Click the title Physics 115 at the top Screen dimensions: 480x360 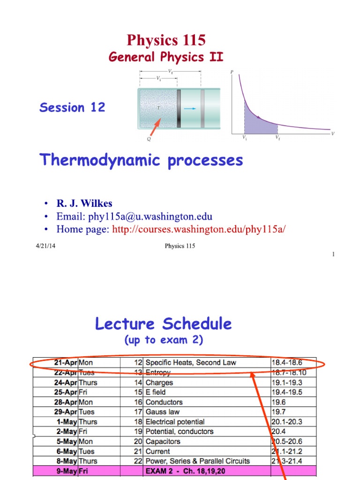click(x=166, y=40)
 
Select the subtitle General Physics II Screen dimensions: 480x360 click(x=166, y=57)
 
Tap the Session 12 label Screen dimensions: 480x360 click(x=72, y=107)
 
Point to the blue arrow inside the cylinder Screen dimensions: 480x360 click(x=190, y=109)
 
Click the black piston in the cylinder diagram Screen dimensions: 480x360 click(x=179, y=108)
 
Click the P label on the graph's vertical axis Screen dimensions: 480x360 click(x=232, y=72)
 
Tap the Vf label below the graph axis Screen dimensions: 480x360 click(x=278, y=138)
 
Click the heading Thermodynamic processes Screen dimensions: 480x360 click(x=141, y=160)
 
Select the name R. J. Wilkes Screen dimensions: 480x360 click(x=84, y=203)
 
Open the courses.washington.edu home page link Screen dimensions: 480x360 click(x=199, y=229)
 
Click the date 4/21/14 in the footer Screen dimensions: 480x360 click(x=47, y=246)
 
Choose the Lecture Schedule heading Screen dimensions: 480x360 click(x=163, y=323)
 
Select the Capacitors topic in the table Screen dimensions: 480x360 click(x=163, y=442)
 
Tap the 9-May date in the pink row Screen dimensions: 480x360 click(x=65, y=471)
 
